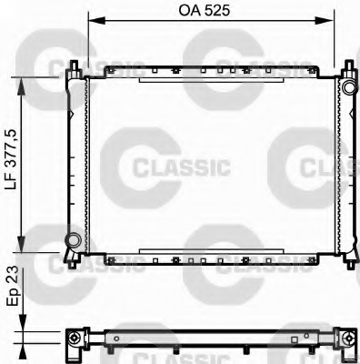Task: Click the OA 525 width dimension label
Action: [205, 11]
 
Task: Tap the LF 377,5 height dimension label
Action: [12, 161]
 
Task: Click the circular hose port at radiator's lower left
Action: [72, 241]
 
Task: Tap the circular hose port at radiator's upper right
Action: [347, 86]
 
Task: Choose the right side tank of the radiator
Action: [346, 164]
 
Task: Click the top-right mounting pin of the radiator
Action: [349, 69]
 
